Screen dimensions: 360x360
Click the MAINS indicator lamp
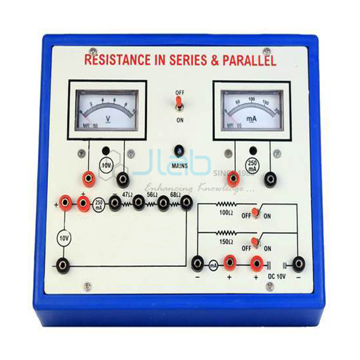click(179, 151)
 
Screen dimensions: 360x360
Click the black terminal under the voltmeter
click(124, 178)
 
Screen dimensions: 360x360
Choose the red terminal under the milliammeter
click(234, 178)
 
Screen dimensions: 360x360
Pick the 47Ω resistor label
click(127, 195)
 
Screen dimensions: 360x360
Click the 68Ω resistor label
click(175, 195)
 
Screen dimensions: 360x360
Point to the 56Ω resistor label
click(151, 195)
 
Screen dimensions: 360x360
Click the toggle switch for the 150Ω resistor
click(256, 242)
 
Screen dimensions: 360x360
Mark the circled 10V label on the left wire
click(63, 239)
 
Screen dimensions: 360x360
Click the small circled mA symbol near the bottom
click(213, 263)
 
